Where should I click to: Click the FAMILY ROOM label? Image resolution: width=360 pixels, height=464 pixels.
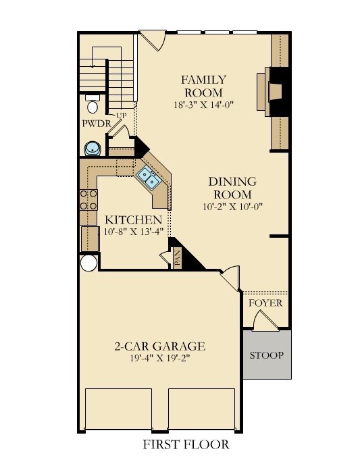(203, 86)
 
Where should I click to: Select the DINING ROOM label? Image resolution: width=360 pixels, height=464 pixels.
(232, 188)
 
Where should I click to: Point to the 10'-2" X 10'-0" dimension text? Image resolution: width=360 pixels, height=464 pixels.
(232, 207)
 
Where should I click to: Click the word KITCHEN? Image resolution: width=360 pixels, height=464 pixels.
(133, 220)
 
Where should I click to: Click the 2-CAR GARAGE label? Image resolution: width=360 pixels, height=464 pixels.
(159, 346)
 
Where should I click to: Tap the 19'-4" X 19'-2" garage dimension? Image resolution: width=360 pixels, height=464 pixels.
(159, 359)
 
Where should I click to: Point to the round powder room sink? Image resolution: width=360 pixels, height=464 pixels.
(92, 148)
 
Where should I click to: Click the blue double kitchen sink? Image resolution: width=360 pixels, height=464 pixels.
(149, 177)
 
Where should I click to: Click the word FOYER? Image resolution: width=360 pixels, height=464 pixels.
(265, 303)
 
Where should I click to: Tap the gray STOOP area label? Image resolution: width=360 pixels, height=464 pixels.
(267, 355)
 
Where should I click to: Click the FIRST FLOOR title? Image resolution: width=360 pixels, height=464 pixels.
(186, 444)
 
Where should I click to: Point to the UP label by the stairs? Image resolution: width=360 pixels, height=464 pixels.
(121, 115)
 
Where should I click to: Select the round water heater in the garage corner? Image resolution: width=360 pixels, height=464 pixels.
(88, 263)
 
